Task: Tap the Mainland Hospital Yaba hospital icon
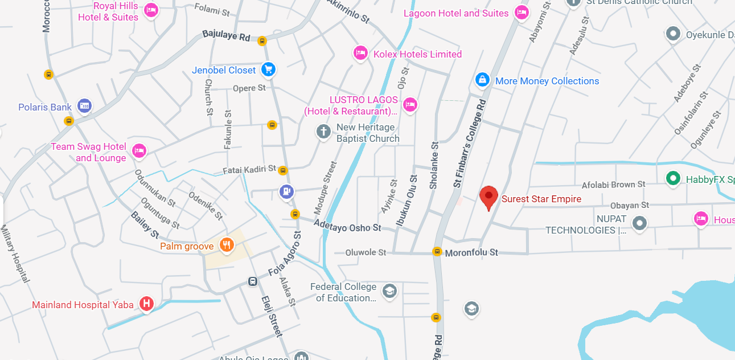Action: (146, 304)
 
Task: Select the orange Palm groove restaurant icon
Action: (227, 245)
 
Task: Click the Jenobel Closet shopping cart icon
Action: (268, 69)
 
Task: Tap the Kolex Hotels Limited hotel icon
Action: (360, 54)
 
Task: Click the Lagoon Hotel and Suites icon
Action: (521, 12)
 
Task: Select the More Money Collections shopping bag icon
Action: (482, 80)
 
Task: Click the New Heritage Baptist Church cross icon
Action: (323, 132)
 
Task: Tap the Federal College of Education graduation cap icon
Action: (389, 291)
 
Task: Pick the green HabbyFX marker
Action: (673, 178)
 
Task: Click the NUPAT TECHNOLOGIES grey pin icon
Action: (640, 223)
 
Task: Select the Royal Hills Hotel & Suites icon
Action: (150, 10)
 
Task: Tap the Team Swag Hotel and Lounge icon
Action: (139, 151)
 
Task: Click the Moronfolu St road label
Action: (471, 252)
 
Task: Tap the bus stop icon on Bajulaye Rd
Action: (262, 40)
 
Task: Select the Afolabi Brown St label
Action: (613, 185)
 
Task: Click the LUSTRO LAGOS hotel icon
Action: (410, 104)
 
